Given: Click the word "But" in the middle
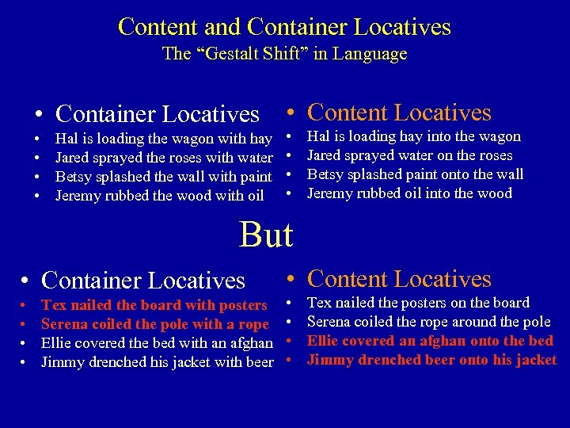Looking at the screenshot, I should pos(266,235).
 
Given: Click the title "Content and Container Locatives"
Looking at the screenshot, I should pos(284,27).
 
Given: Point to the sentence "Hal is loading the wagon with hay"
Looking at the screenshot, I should pos(164,139).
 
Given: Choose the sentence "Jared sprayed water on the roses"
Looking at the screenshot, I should pos(409,155).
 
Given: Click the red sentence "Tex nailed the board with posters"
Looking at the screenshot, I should pos(154,305).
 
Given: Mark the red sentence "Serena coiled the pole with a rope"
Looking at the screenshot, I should pos(155,324).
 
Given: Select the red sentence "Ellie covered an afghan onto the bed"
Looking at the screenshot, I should pos(430,341).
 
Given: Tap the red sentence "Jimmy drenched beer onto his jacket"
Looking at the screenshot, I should pos(431,360).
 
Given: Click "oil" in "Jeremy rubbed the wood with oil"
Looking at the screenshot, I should pos(254,196).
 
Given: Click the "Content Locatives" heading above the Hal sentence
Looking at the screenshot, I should pos(399,113).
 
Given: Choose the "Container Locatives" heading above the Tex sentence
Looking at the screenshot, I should pos(142,280).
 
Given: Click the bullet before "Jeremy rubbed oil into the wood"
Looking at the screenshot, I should pos(291,194).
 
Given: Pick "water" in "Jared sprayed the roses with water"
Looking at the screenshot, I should pos(255,158).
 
